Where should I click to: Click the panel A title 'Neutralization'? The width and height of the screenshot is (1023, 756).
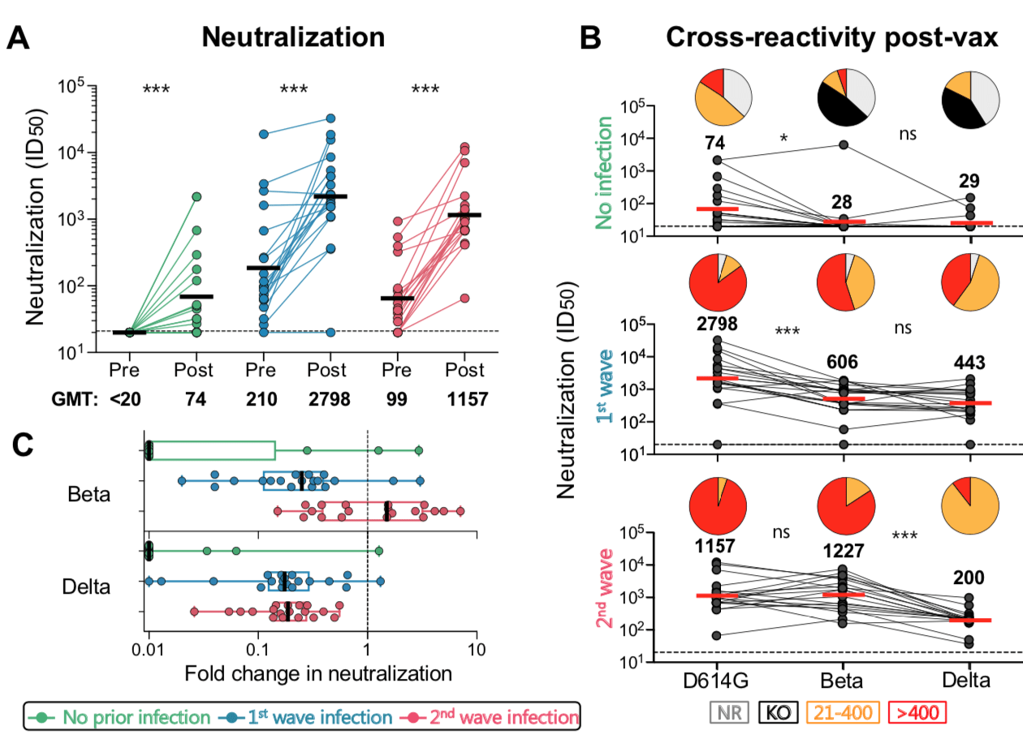click(293, 37)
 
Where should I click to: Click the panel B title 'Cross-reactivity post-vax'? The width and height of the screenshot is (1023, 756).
click(831, 37)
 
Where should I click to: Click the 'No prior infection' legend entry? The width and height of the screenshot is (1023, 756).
click(121, 717)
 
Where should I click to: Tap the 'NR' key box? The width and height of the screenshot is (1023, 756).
click(729, 712)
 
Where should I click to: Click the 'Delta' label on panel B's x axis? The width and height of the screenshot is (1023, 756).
click(966, 680)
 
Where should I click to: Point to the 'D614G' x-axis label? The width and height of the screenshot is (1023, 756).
click(718, 680)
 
